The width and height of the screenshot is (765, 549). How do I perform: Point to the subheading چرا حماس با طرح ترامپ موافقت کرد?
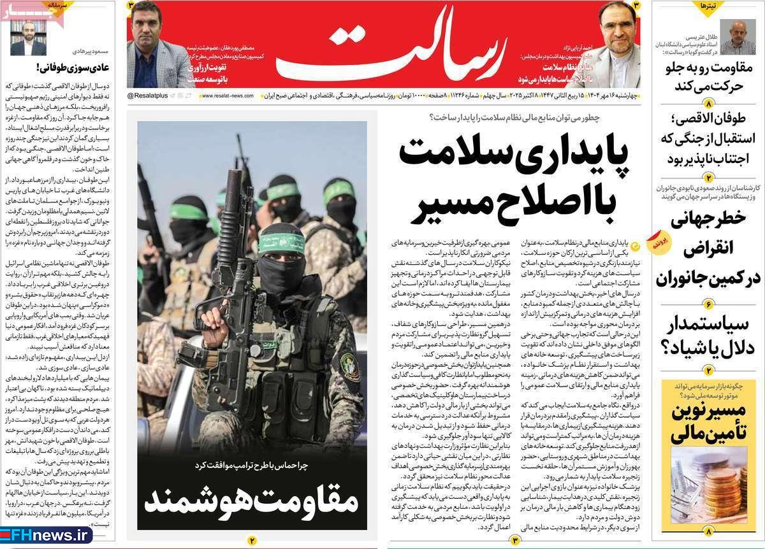click(252, 466)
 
